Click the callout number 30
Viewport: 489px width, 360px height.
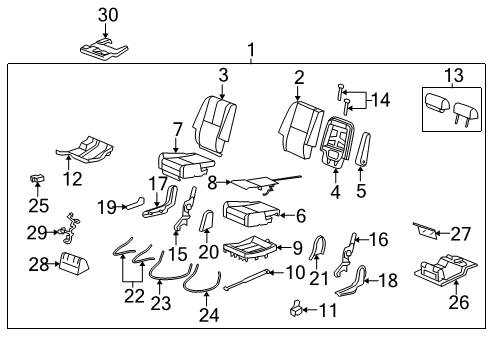tap(108, 14)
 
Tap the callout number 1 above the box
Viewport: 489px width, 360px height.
tap(251, 49)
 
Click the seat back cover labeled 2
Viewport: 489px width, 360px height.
tap(295, 125)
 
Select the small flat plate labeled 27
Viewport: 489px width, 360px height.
tap(426, 232)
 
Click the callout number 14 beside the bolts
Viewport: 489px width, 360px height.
tap(379, 99)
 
